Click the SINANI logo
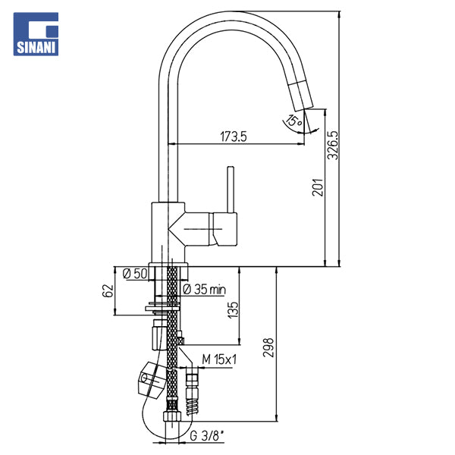pyautogui.click(x=36, y=34)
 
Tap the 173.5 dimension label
pyautogui.click(x=234, y=136)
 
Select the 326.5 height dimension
pyautogui.click(x=333, y=145)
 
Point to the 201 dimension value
pyautogui.click(x=318, y=187)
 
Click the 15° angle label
pyautogui.click(x=294, y=120)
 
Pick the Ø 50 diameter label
pyautogui.click(x=135, y=274)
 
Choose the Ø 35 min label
pyautogui.click(x=204, y=290)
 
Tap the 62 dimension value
pyautogui.click(x=108, y=290)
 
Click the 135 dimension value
pyautogui.click(x=233, y=310)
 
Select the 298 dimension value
pyautogui.click(x=268, y=347)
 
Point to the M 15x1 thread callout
pyautogui.click(x=219, y=359)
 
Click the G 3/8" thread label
pyautogui.click(x=207, y=435)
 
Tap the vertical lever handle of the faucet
pyautogui.click(x=231, y=190)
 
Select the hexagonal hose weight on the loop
pyautogui.click(x=151, y=378)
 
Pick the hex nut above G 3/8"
pyautogui.click(x=172, y=416)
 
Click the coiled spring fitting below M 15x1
pyautogui.click(x=193, y=406)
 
